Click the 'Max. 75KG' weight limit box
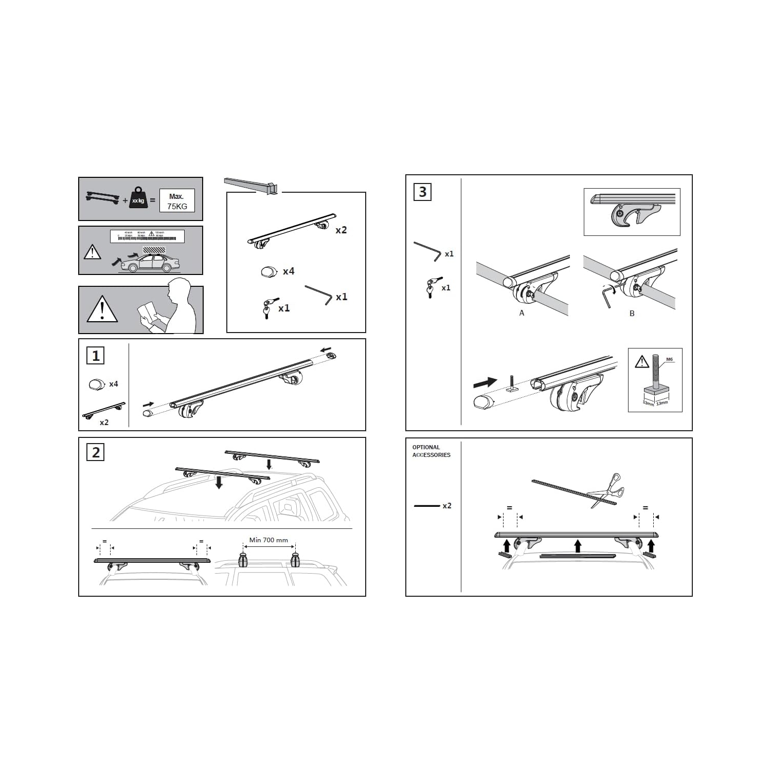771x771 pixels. [x=176, y=201]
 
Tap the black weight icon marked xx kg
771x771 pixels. [x=138, y=198]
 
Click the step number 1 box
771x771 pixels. [x=96, y=356]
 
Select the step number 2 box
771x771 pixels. [x=96, y=452]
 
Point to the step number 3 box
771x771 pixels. [x=422, y=192]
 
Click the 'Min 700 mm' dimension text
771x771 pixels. [x=268, y=540]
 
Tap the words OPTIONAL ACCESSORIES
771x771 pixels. [x=431, y=451]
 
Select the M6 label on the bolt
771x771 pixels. [x=669, y=360]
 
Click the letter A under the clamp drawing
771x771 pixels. [x=522, y=313]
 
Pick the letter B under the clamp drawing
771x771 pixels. [x=632, y=314]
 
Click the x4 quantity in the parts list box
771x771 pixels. [x=288, y=271]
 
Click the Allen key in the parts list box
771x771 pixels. [x=319, y=295]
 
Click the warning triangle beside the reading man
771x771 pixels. [x=102, y=310]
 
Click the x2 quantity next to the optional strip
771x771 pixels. [x=447, y=506]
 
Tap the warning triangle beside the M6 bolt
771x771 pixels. [x=641, y=362]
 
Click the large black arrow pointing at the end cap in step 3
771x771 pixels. [x=485, y=382]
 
